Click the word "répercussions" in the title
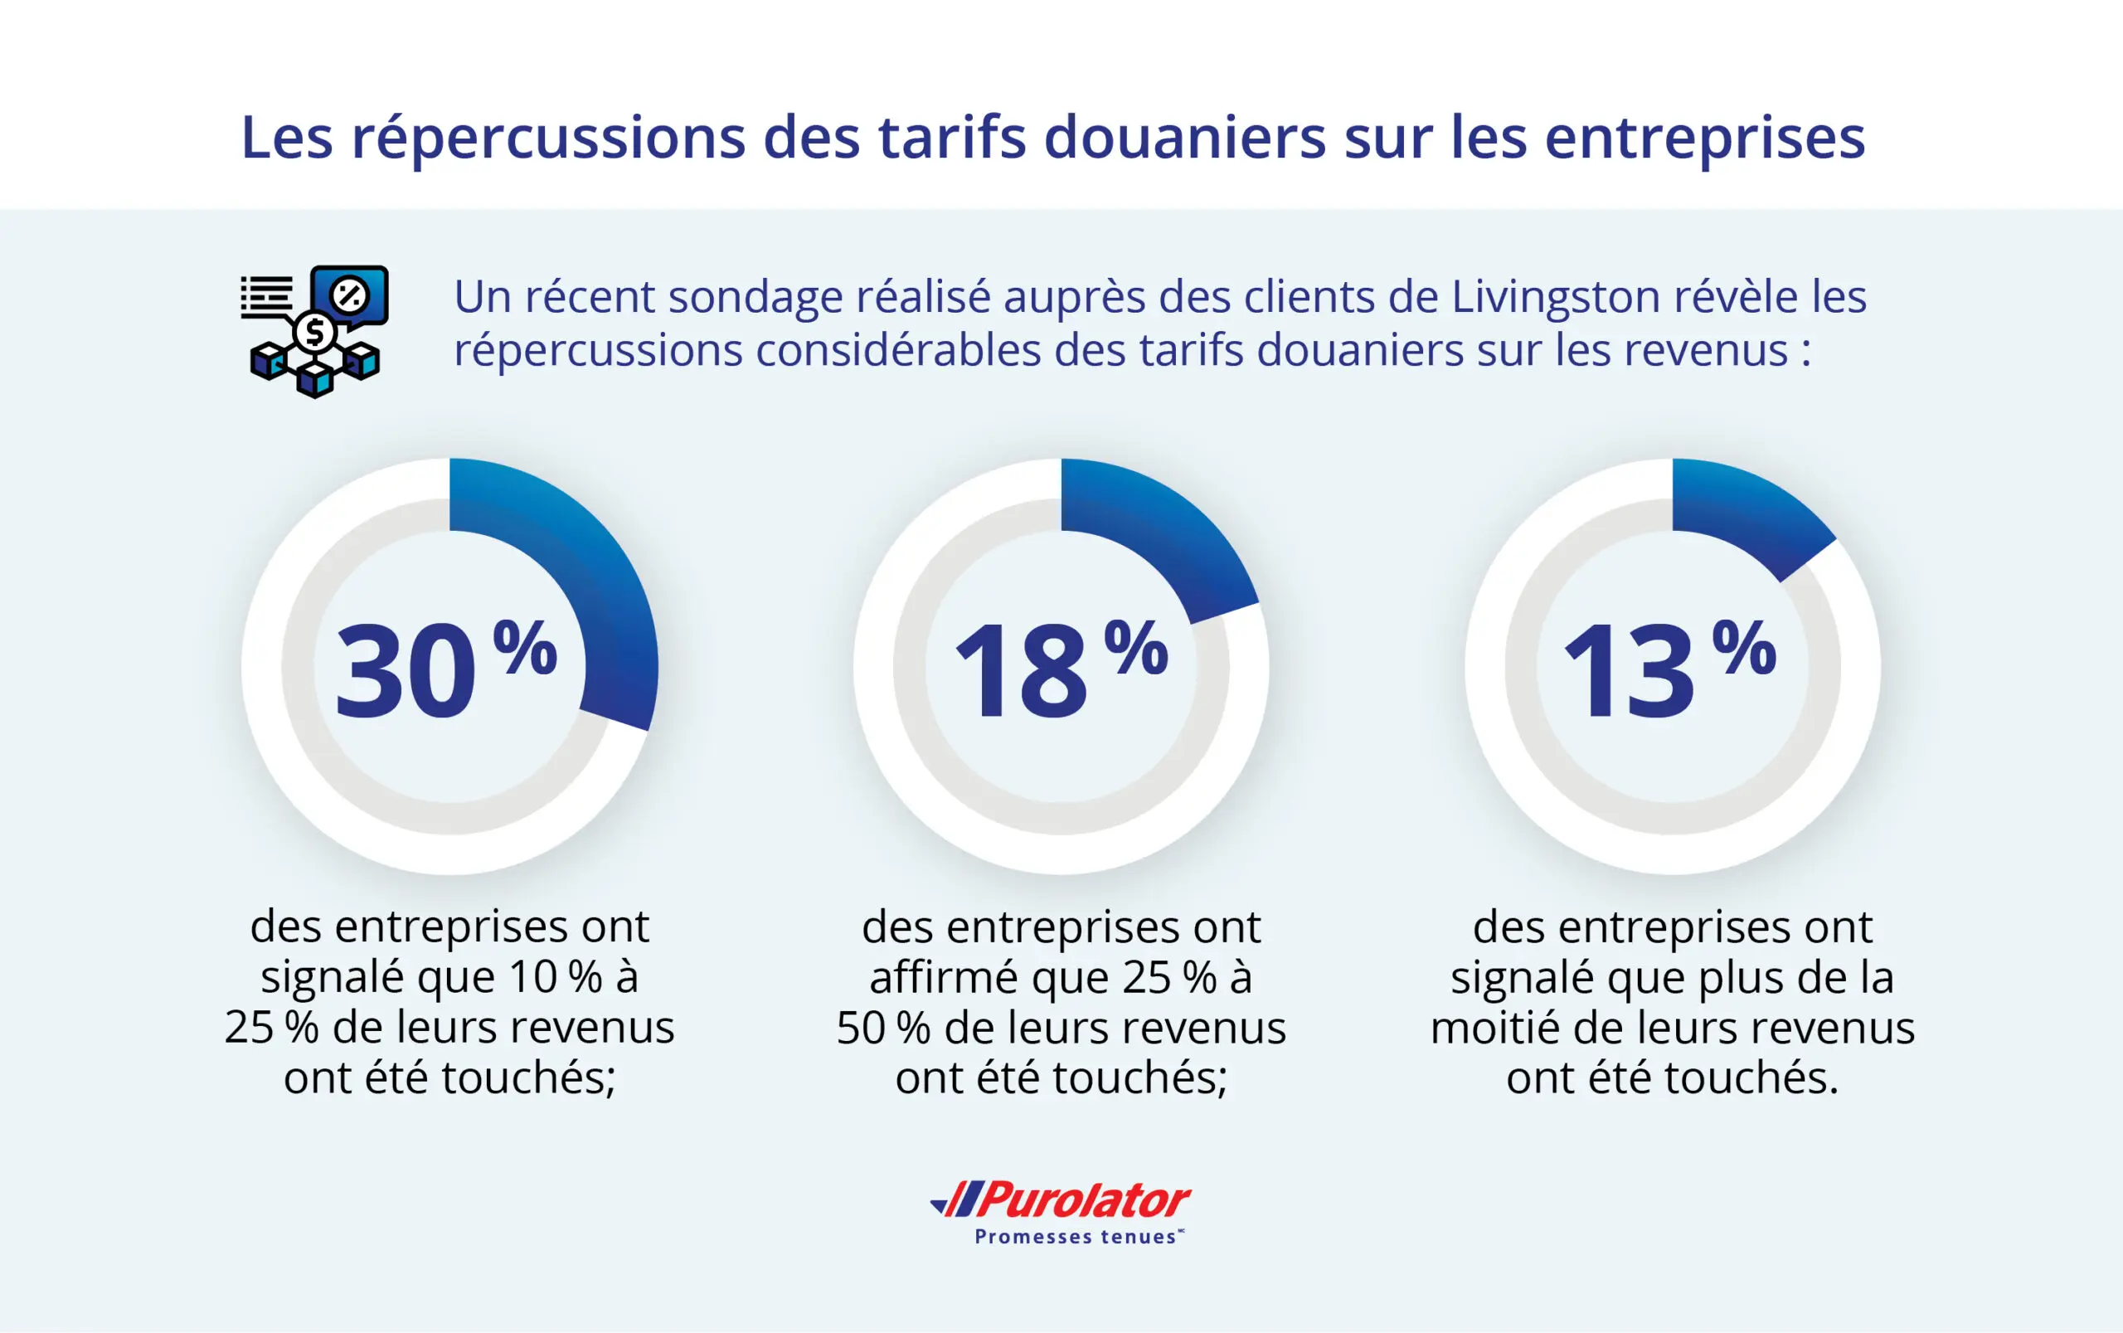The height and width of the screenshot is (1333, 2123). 548,139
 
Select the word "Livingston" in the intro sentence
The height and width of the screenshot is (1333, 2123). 1556,296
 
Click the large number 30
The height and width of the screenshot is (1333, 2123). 406,671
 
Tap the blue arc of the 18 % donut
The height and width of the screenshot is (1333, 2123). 1164,538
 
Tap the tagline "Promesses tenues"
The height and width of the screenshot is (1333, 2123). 1075,1237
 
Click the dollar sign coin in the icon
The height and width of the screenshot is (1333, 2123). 313,333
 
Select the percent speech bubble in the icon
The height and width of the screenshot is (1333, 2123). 351,295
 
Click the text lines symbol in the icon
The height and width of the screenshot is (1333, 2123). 267,295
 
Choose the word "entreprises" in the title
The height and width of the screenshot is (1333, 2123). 1704,139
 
